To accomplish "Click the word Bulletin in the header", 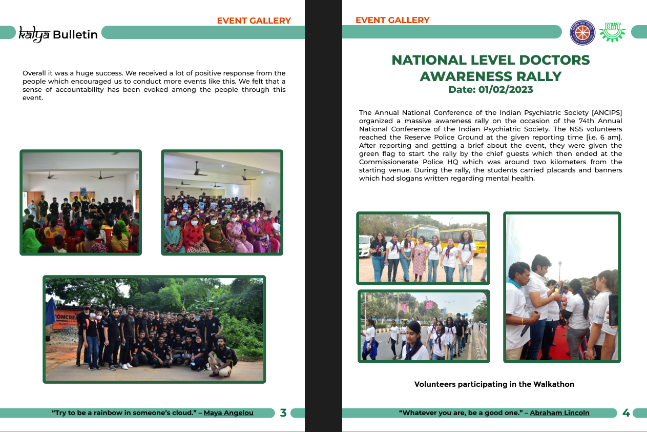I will [75, 35].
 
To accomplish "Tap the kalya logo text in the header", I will [34, 34].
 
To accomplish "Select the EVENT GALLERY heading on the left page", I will [254, 21].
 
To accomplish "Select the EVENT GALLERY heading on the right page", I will [392, 20].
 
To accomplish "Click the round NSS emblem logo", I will [583, 33].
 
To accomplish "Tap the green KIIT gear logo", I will [613, 32].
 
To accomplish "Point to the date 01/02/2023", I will [506, 90].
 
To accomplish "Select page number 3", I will [283, 413].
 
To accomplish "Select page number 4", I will [625, 413].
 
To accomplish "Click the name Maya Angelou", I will [228, 413].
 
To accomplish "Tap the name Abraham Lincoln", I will [559, 413].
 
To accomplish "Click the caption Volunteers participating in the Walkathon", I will [494, 384].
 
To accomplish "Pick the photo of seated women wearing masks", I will [222, 202].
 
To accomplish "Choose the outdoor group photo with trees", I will [154, 329].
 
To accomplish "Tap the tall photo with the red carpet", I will [561, 287].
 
